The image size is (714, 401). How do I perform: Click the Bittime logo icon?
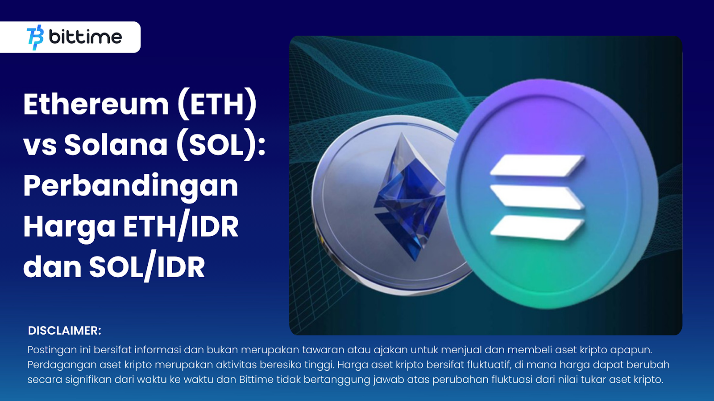point(35,37)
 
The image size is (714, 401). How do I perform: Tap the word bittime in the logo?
point(85,37)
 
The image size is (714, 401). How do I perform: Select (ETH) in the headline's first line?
point(217,105)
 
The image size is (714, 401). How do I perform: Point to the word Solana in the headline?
point(116,145)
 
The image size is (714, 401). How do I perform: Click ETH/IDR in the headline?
point(181,227)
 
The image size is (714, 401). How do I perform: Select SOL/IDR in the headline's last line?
point(147,267)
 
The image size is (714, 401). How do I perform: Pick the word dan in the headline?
point(52,267)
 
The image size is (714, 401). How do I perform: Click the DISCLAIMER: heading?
point(65,331)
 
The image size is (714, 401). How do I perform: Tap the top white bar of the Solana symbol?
point(537,165)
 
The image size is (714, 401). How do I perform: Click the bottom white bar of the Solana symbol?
point(537,227)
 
